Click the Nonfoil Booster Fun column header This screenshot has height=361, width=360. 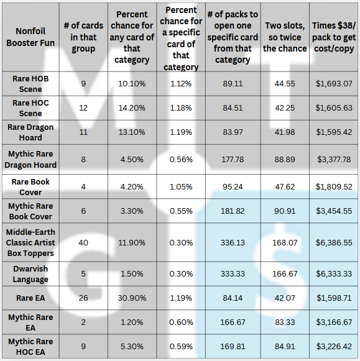(30, 37)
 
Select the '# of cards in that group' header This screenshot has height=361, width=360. (83, 37)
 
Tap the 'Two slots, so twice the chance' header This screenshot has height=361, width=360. (285, 37)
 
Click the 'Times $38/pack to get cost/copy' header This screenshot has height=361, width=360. (334, 37)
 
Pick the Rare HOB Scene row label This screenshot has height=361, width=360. (30, 84)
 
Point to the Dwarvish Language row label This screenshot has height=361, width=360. (30, 274)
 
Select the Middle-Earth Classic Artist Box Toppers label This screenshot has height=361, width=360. (30, 243)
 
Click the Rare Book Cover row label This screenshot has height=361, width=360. (30, 187)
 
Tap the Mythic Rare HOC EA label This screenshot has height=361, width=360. (30, 347)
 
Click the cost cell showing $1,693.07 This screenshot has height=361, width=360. (334, 84)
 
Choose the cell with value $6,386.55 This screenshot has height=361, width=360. (334, 243)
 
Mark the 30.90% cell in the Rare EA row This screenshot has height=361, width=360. (132, 298)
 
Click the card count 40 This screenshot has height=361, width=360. (83, 243)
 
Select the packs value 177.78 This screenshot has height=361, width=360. (233, 159)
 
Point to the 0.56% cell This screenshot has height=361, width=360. (181, 159)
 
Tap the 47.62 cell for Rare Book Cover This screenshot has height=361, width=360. (285, 187)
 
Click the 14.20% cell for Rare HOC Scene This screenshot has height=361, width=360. (132, 108)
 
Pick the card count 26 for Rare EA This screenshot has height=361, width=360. (83, 298)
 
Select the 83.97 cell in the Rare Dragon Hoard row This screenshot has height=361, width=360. (233, 132)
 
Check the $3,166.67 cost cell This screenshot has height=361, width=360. (334, 322)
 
